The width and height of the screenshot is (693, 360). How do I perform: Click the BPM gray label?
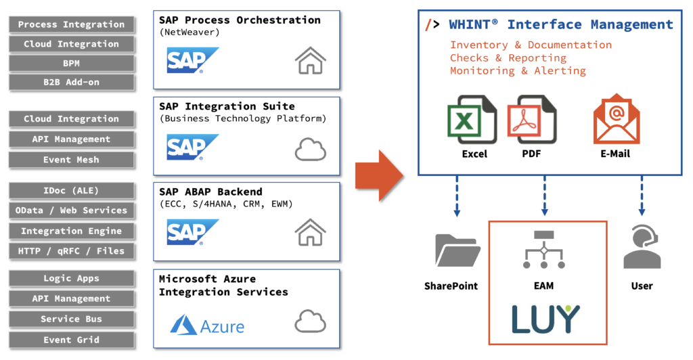click(x=71, y=63)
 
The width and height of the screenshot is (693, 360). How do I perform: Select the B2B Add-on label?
click(x=71, y=82)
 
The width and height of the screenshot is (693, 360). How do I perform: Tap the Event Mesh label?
click(x=71, y=160)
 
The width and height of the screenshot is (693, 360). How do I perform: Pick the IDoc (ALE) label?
click(x=71, y=191)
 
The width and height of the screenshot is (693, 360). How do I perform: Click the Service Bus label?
click(x=71, y=319)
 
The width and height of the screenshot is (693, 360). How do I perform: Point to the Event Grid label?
click(x=71, y=340)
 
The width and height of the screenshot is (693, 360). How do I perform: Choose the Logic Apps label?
click(x=71, y=278)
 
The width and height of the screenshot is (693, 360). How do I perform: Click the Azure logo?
click(x=207, y=325)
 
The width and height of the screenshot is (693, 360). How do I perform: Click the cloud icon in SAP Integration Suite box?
click(x=310, y=150)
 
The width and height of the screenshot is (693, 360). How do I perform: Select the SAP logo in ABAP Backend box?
click(x=192, y=232)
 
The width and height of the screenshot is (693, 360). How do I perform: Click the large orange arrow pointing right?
click(x=379, y=176)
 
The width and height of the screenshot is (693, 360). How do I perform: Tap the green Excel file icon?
click(x=472, y=120)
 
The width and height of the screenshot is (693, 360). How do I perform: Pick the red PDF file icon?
click(x=532, y=120)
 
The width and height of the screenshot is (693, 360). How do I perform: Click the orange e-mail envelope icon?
click(x=617, y=119)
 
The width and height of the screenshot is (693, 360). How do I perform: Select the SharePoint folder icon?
click(x=457, y=250)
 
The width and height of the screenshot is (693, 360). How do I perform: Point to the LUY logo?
click(x=545, y=319)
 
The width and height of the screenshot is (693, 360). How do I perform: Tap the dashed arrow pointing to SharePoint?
click(x=457, y=196)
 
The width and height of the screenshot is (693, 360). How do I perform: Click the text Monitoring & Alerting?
click(x=518, y=70)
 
